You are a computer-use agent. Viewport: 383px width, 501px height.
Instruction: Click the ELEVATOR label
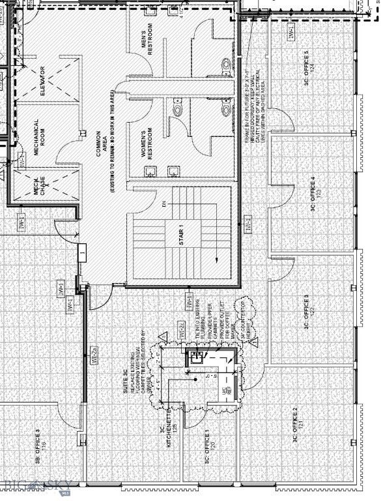43,82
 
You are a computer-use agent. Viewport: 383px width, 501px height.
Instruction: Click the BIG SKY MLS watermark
39,486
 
